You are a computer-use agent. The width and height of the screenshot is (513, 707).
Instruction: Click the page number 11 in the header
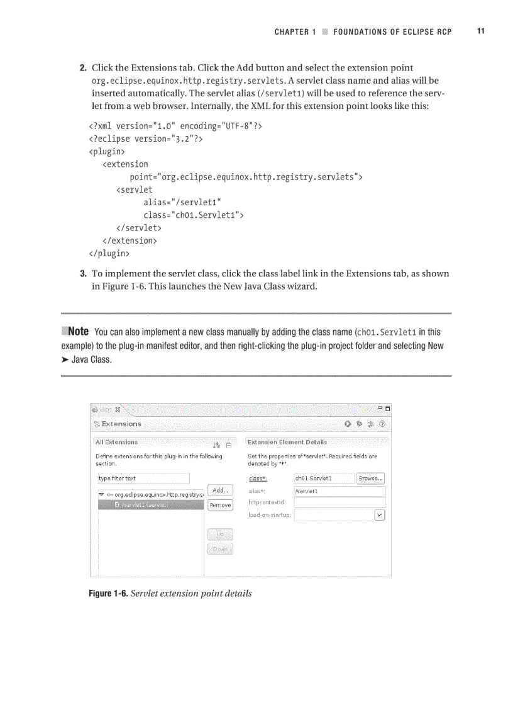point(480,31)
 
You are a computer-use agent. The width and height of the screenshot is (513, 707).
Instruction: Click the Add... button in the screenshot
point(220,490)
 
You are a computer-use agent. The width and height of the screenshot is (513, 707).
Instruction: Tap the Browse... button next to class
point(370,478)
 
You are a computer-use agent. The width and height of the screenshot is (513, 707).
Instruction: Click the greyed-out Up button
point(220,534)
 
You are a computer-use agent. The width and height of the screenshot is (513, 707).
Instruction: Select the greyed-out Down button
point(220,549)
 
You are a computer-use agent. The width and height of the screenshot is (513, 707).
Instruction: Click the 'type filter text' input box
point(143,478)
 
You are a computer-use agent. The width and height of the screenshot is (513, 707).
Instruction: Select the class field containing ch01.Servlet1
point(323,478)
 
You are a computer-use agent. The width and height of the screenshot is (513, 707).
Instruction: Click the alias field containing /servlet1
point(339,491)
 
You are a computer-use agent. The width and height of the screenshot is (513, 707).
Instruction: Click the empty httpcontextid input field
point(339,503)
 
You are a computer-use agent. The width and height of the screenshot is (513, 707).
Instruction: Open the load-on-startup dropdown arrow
point(380,516)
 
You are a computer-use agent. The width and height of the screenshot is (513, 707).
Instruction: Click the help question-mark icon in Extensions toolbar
point(382,424)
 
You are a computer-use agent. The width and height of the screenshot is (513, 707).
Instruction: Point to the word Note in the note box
point(77,332)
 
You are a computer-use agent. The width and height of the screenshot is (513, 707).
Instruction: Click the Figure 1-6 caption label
point(108,594)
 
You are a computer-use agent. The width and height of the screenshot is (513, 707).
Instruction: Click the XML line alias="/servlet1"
point(182,202)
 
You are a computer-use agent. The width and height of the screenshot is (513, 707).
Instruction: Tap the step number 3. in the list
point(83,274)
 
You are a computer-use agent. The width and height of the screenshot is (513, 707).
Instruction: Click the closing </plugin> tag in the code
point(109,254)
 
